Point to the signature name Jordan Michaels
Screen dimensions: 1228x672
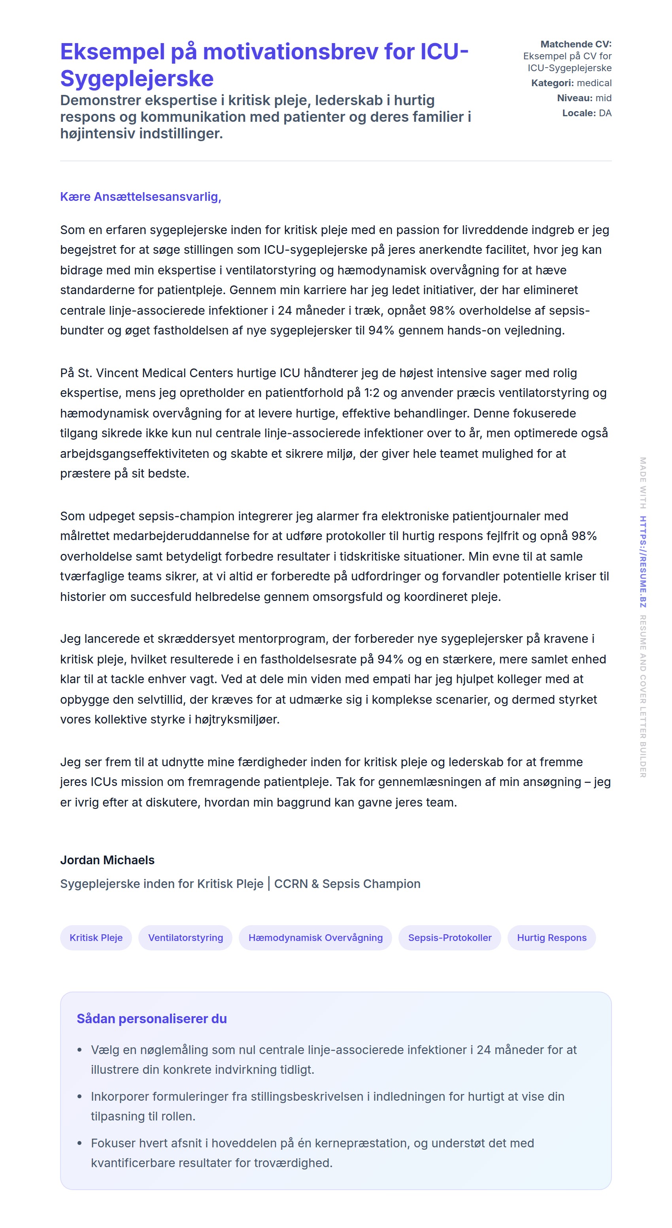[107, 860]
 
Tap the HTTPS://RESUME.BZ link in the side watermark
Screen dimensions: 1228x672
[642, 561]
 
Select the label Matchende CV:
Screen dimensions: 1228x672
[575, 44]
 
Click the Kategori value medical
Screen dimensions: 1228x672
[594, 83]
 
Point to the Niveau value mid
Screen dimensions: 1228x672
[603, 98]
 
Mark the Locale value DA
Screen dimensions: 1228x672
[605, 113]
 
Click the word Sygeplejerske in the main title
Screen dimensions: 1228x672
[137, 79]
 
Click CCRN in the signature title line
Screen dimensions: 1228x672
[291, 883]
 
